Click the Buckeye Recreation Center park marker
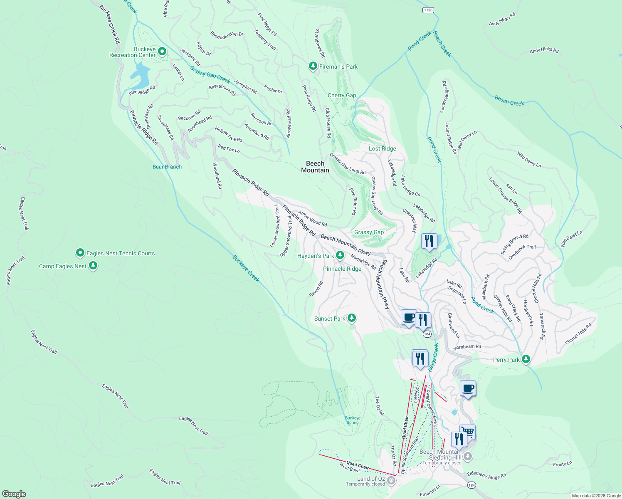pyautogui.click(x=163, y=52)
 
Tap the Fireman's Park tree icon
pyautogui.click(x=313, y=66)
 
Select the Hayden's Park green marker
pyautogui.click(x=341, y=255)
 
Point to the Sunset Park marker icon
pyautogui.click(x=352, y=318)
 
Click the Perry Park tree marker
pyautogui.click(x=526, y=359)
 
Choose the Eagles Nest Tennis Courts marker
pyautogui.click(x=80, y=253)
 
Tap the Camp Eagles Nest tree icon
pyautogui.click(x=93, y=266)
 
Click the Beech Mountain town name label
pyautogui.click(x=315, y=167)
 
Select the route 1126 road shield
pyautogui.click(x=428, y=10)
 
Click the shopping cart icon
pyautogui.click(x=468, y=432)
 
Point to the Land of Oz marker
pyautogui.click(x=391, y=481)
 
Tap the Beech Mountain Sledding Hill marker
pyautogui.click(x=468, y=457)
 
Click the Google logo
pyautogui.click(x=14, y=494)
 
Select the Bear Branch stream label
pyautogui.click(x=167, y=167)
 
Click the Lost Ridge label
pyautogui.click(x=382, y=148)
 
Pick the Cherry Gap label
pyautogui.click(x=342, y=95)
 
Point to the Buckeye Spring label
pyautogui.click(x=353, y=420)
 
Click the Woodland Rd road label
pyautogui.click(x=217, y=176)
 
